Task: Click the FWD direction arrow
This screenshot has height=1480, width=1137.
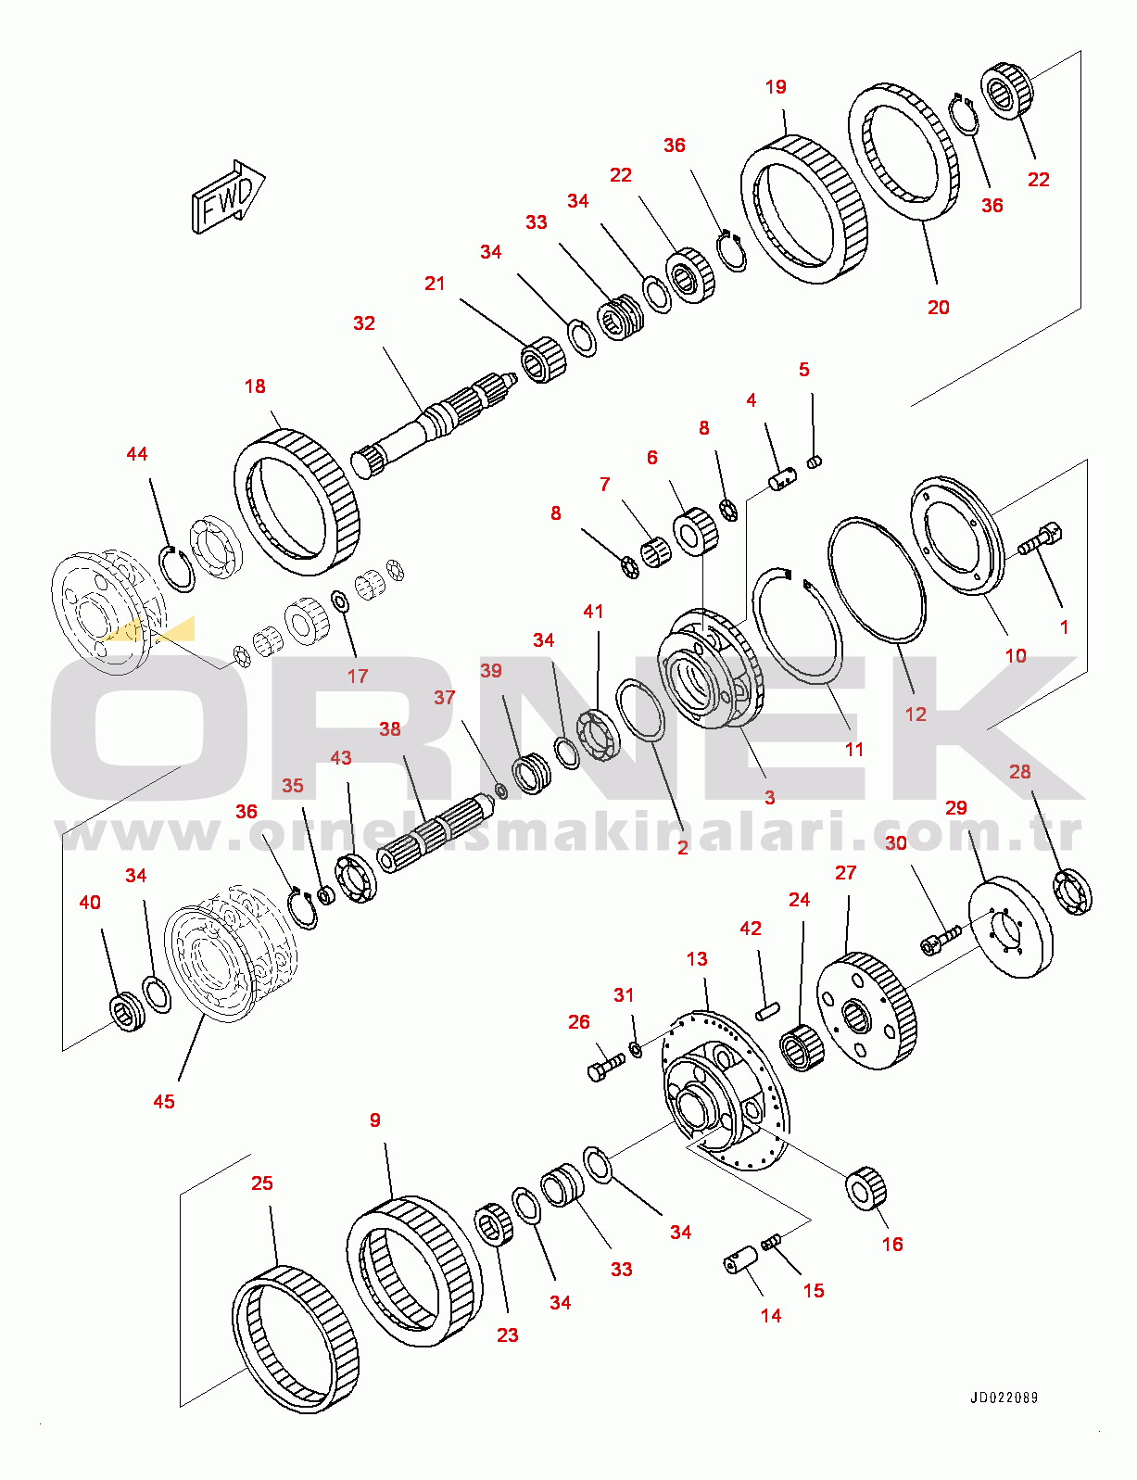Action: (x=228, y=197)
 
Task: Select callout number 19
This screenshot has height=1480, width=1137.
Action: (x=776, y=87)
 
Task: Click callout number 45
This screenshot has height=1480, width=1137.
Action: (x=164, y=1101)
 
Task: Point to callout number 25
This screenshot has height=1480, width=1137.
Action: (x=262, y=1183)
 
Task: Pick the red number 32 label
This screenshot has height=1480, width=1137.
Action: (x=364, y=323)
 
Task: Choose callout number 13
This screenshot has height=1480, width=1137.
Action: (x=697, y=959)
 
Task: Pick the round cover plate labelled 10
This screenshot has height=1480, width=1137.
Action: (x=957, y=536)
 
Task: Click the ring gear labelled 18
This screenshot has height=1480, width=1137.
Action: (x=297, y=502)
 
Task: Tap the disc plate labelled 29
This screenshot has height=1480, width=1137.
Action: (x=1010, y=928)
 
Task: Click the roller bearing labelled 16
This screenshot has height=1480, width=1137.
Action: (x=865, y=1188)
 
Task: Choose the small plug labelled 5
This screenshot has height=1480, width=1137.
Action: (x=815, y=462)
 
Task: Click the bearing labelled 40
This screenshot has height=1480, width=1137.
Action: (x=127, y=1011)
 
